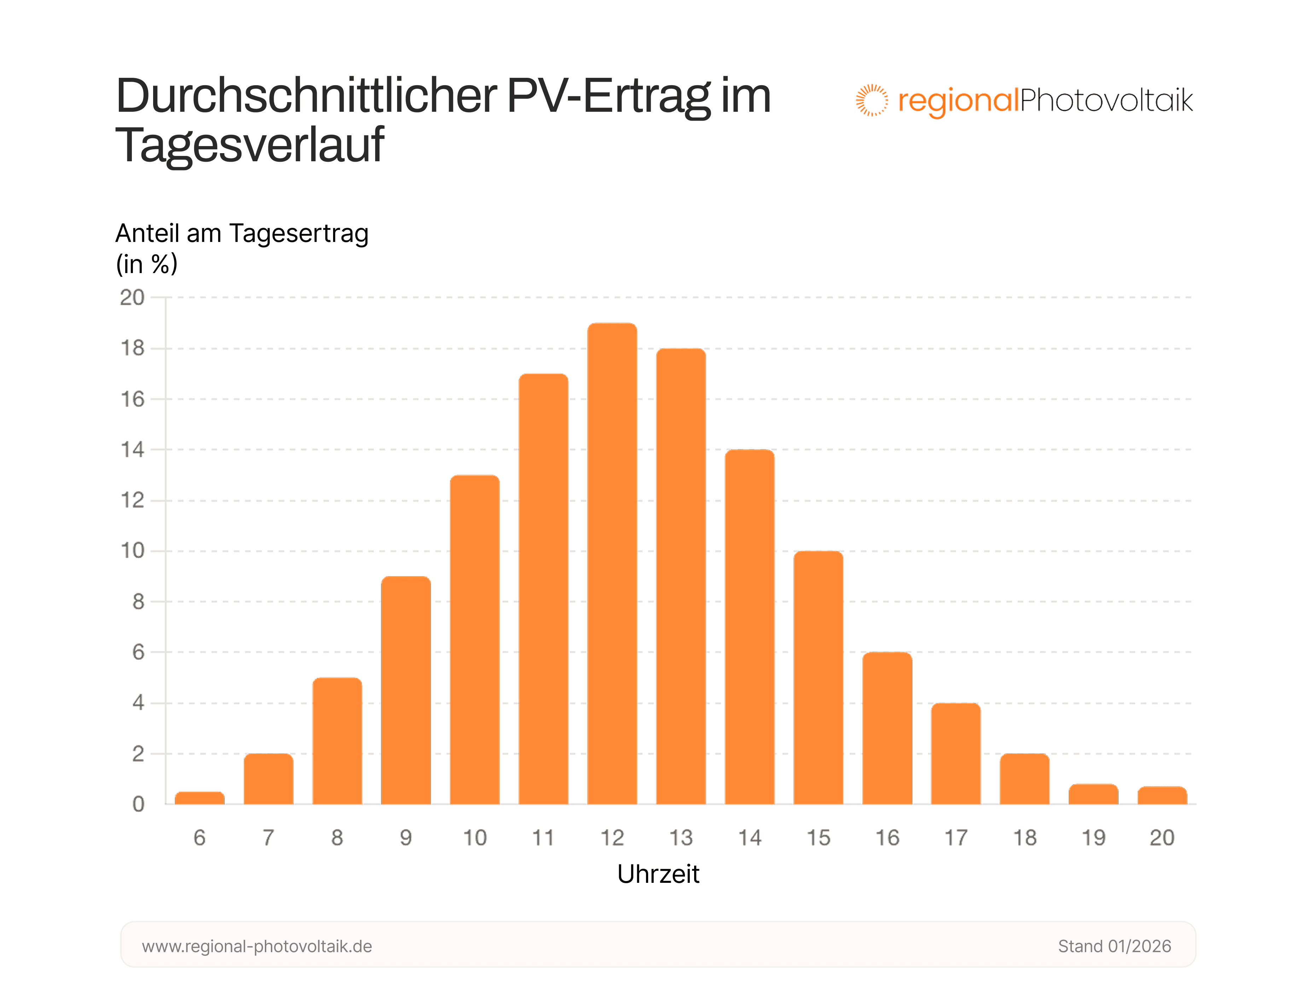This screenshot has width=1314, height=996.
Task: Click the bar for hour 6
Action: [199, 798]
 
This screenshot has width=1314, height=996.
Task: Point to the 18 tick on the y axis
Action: [133, 348]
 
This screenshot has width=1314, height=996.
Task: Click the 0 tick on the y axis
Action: [138, 805]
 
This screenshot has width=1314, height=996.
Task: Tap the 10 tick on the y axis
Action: [133, 551]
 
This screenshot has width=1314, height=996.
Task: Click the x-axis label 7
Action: [268, 838]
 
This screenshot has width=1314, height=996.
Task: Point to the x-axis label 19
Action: [1093, 838]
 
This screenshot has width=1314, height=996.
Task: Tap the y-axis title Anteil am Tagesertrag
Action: [242, 233]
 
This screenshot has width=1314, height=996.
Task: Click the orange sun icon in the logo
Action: [871, 100]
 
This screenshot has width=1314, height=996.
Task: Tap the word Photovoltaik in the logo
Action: [1106, 100]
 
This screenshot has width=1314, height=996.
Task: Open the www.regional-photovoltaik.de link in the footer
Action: [257, 946]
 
